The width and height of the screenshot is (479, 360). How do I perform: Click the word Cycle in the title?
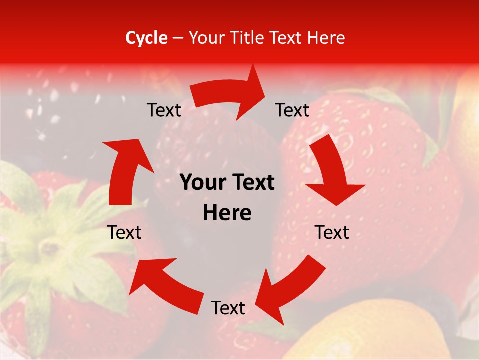pyautogui.click(x=146, y=38)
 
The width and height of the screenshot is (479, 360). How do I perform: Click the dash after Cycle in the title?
pyautogui.click(x=178, y=38)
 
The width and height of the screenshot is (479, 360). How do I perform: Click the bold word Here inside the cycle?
pyautogui.click(x=227, y=213)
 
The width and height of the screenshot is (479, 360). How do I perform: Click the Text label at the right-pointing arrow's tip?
pyautogui.click(x=292, y=110)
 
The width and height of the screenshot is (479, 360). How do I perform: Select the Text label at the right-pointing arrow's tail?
pyautogui.click(x=164, y=110)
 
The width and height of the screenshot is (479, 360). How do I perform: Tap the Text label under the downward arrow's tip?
pyautogui.click(x=332, y=232)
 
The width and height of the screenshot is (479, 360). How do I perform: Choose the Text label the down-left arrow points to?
pyautogui.click(x=228, y=308)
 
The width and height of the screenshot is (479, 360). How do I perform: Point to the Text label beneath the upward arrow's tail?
pyautogui.click(x=125, y=232)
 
